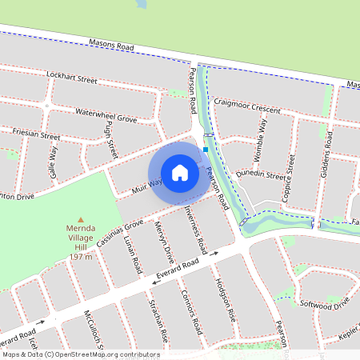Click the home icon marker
coord(180,173)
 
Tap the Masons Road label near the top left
coord(111,48)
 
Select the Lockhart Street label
coord(71,80)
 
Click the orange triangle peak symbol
coord(80,219)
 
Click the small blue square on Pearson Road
coord(206,149)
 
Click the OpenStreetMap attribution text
coord(80,354)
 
